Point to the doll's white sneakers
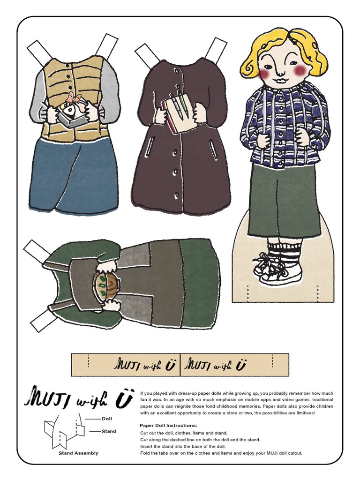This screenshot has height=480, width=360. (277, 268)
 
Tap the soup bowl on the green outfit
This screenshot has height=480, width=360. (105, 284)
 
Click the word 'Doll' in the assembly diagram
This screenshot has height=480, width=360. (107, 419)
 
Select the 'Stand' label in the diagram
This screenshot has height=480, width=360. (109, 431)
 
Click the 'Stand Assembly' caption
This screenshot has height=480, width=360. (78, 453)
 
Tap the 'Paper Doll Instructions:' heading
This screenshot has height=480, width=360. (168, 426)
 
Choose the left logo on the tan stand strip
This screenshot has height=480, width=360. (144, 364)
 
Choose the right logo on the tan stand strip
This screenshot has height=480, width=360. (216, 364)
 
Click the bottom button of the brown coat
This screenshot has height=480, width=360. (177, 195)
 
